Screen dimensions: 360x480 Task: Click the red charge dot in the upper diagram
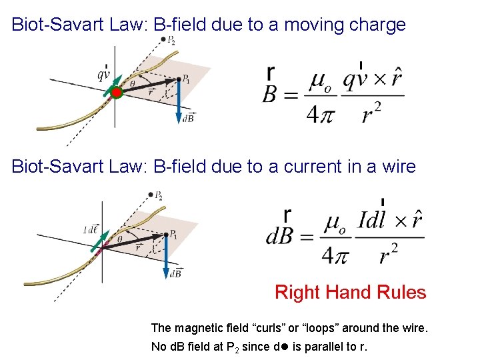point(116,93)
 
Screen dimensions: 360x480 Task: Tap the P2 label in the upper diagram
point(171,41)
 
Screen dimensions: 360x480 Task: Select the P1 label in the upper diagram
point(187,80)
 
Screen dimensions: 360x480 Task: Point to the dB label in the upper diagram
point(189,118)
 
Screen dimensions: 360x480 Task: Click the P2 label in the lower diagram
point(158,196)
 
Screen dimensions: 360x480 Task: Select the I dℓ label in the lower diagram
point(91,229)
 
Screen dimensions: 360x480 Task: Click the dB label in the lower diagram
point(176,273)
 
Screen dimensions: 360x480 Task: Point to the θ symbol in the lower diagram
point(120,239)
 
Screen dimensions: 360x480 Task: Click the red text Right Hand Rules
point(350,292)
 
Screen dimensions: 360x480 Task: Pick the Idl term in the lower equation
point(371,221)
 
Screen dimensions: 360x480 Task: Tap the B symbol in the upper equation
point(271,95)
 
